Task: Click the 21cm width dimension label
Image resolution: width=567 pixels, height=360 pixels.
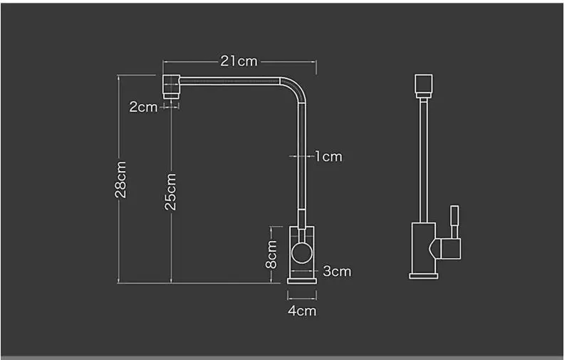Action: pos(239,61)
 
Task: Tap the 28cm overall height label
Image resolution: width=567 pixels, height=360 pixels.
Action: pos(121,179)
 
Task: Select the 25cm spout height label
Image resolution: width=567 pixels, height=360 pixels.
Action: pos(171,192)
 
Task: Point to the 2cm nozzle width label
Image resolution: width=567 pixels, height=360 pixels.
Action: pos(143,107)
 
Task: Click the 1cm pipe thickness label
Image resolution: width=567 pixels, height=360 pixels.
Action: pos(328,156)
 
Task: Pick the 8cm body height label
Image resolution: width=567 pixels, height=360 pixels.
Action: pos(271,254)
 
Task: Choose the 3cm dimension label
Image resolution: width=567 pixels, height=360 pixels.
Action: pos(337,271)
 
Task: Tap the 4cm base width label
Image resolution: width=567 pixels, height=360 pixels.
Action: pos(302,310)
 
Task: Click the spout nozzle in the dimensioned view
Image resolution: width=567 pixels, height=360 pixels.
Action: pos(170,86)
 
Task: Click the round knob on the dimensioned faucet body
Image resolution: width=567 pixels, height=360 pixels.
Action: pos(302,252)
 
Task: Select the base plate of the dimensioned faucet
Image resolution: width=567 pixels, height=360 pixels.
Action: pos(302,281)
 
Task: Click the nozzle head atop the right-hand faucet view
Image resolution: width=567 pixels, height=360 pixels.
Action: pos(423,84)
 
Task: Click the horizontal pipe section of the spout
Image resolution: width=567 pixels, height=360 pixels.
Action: pos(228,81)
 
